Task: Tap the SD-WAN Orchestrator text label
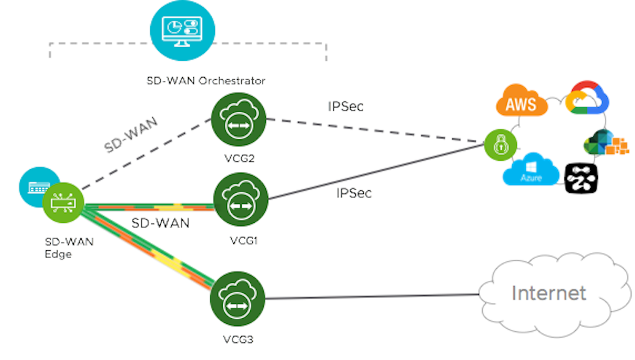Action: pyautogui.click(x=206, y=81)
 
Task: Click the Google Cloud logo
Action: pyautogui.click(x=587, y=100)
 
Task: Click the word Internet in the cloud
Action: pyautogui.click(x=549, y=292)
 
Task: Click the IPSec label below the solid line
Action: pyautogui.click(x=353, y=193)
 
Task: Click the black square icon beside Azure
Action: pyautogui.click(x=580, y=176)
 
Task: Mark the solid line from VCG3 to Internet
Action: pyautogui.click(x=372, y=297)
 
